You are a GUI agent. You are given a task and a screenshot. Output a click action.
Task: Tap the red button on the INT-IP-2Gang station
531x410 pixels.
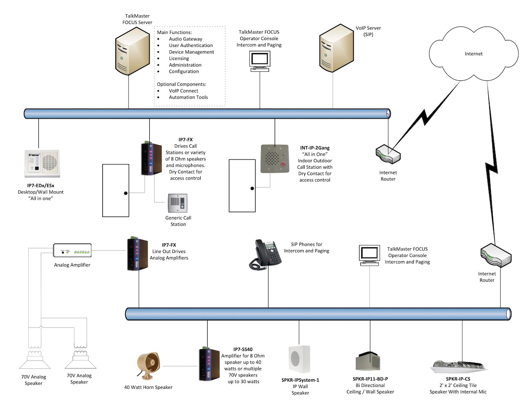click(x=284, y=165)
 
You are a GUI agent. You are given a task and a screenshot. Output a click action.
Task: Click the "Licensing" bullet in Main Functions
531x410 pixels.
click(x=179, y=58)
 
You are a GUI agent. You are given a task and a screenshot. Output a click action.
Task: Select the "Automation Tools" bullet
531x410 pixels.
click(x=188, y=97)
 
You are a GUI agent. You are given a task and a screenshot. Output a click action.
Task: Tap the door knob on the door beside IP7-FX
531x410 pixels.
click(x=125, y=193)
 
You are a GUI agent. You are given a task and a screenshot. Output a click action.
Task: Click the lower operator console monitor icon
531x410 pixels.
click(x=369, y=255)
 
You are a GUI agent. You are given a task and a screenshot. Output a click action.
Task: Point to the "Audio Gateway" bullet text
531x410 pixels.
click(x=185, y=39)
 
